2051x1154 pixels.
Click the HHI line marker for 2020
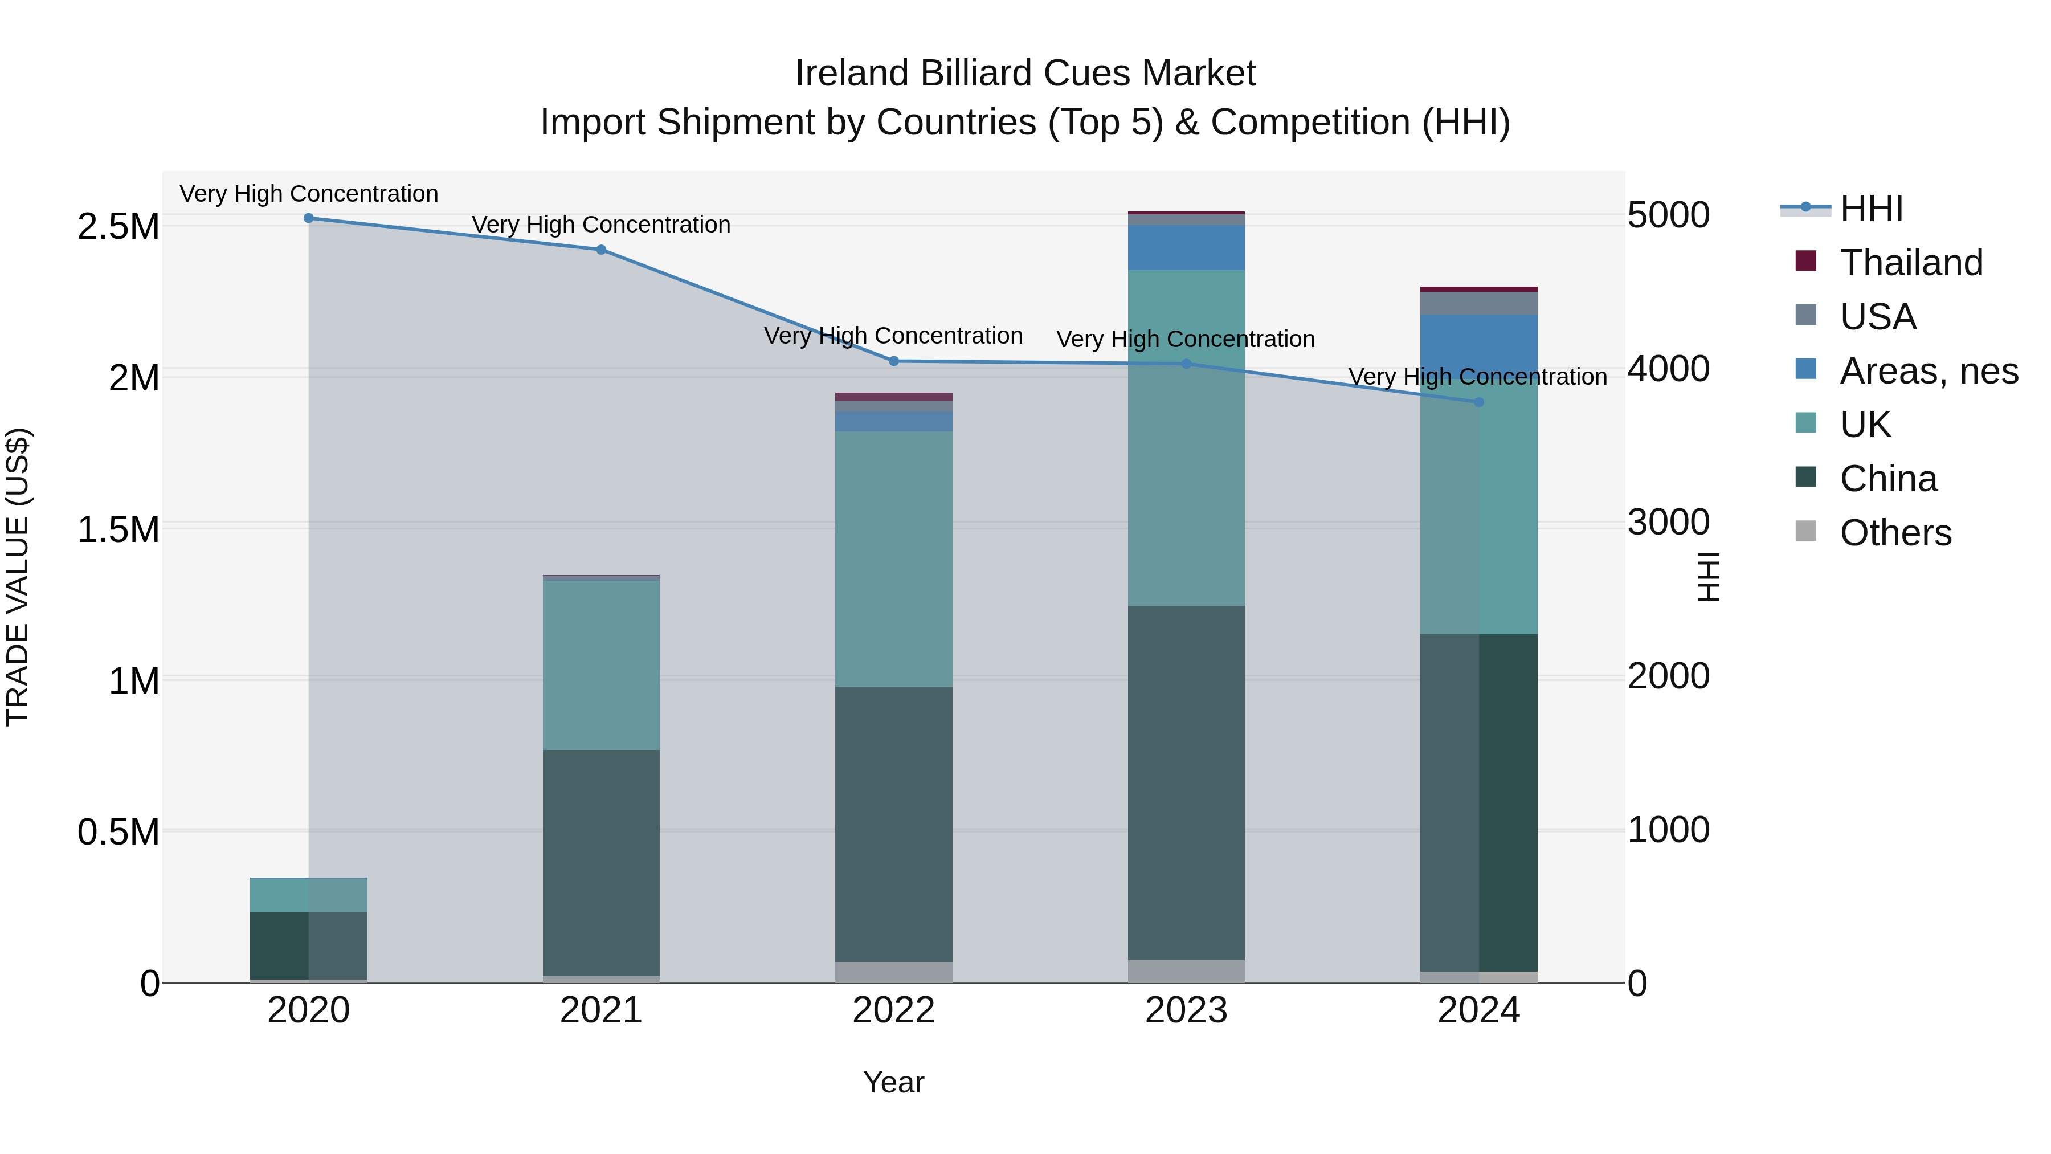point(309,218)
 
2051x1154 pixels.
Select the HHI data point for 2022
point(893,361)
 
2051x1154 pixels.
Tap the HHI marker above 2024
point(1478,402)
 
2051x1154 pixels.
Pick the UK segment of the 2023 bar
point(1186,438)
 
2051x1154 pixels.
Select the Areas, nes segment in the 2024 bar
point(1478,342)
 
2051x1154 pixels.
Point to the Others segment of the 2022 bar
point(893,972)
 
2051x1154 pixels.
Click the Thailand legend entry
point(1911,263)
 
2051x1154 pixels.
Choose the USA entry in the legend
point(1877,317)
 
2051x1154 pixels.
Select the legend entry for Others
point(1895,533)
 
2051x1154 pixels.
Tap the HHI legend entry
point(1871,209)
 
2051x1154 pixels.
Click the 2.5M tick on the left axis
point(118,227)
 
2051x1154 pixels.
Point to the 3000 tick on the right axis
point(1668,523)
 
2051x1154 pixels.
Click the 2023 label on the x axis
point(1186,1010)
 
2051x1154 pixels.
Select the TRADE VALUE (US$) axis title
point(18,577)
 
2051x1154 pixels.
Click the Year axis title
point(893,1082)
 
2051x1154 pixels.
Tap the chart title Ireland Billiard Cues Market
point(1025,74)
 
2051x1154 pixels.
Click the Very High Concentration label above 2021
point(601,225)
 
